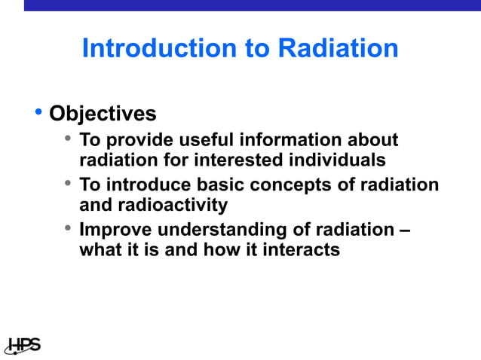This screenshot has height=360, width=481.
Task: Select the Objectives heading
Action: pos(103,114)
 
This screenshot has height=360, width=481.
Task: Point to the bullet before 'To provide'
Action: pos(68,139)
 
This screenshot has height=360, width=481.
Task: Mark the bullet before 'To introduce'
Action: pos(68,184)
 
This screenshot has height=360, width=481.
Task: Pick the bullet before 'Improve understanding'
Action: pos(68,228)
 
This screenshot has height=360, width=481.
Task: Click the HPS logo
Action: pos(22,345)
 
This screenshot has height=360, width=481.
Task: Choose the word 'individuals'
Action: pos(335,160)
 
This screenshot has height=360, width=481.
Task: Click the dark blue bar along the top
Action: pos(252,5)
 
